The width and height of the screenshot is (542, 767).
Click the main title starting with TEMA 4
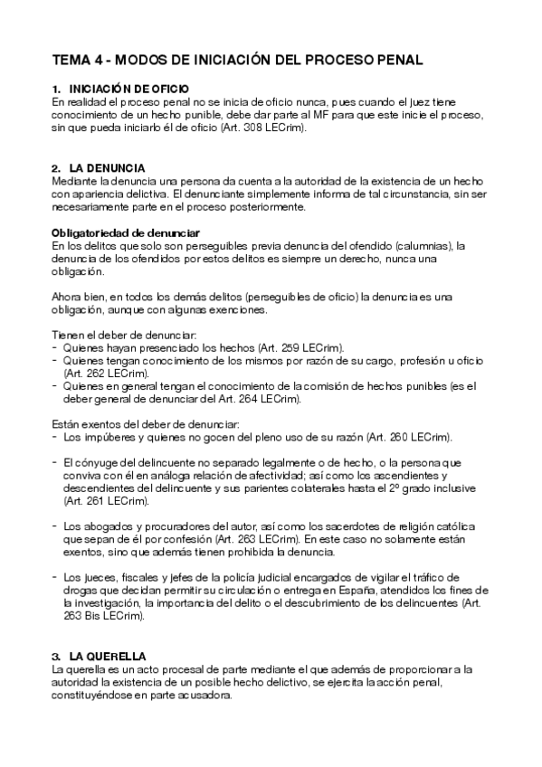(237, 60)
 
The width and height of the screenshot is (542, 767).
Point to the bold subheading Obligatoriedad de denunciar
(125, 232)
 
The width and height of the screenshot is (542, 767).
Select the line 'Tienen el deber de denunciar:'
(118, 335)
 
